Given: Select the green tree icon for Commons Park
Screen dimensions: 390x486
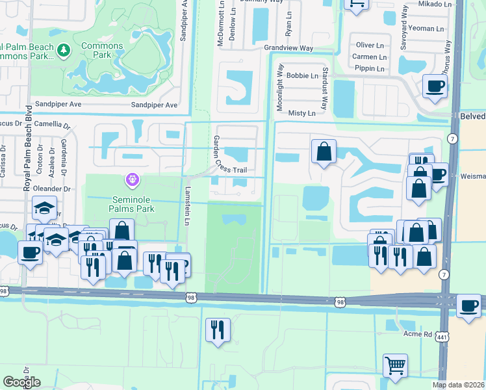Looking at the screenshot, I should point(64,49).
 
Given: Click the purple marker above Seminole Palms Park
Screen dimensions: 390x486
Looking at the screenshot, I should point(132,177).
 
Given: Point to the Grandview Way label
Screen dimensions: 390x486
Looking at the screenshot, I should point(288,49).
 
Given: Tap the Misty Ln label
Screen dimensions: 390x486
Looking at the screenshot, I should point(301,113).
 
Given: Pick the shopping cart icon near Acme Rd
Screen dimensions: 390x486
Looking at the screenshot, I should point(394,365).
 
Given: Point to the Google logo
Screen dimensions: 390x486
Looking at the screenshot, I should point(21,382).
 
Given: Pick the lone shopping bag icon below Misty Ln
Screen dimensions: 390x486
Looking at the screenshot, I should point(323,151).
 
